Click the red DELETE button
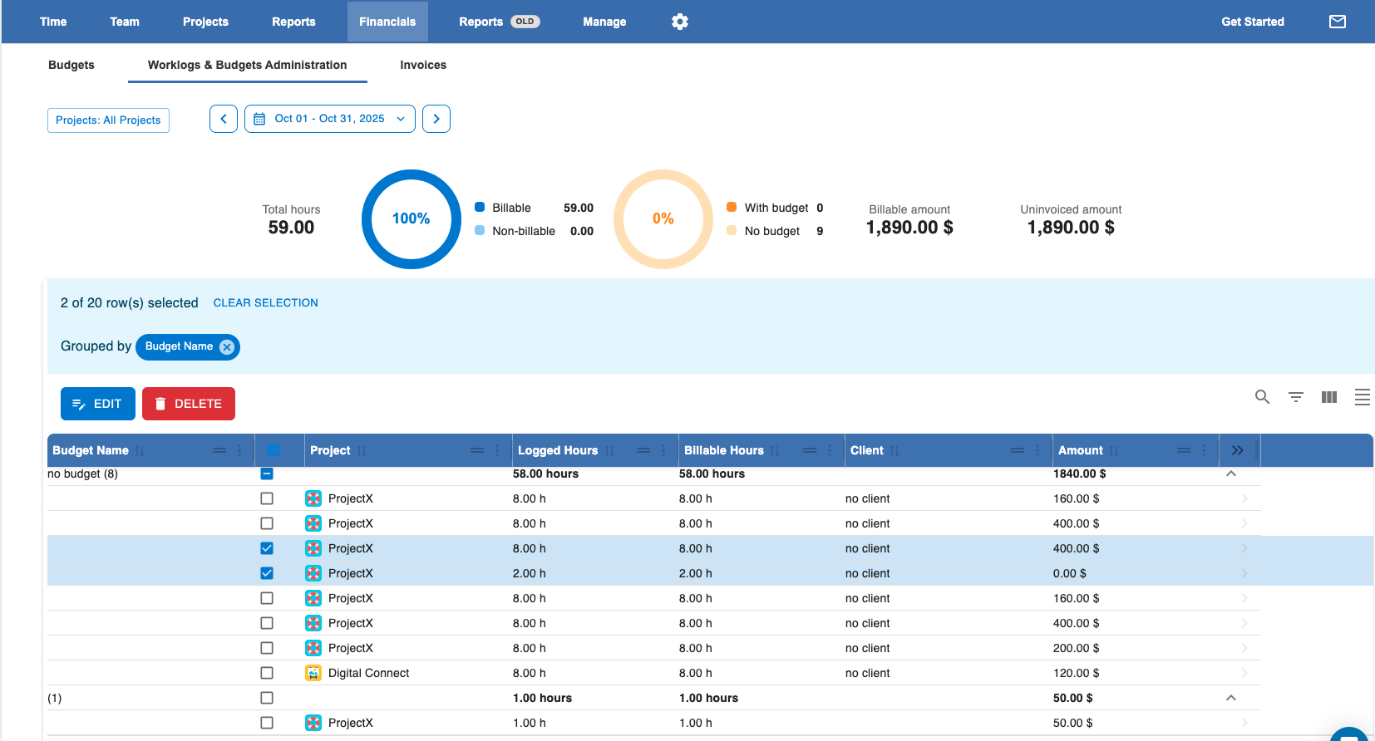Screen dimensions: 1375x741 point(189,404)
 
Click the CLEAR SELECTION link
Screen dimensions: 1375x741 point(265,303)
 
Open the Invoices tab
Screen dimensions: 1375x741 point(423,65)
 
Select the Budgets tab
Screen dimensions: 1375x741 point(71,65)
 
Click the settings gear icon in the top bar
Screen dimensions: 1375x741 point(679,22)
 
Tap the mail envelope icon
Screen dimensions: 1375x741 point(1337,22)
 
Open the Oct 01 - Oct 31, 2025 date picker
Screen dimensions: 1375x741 point(330,119)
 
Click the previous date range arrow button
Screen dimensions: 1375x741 point(224,119)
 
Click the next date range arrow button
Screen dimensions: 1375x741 point(436,119)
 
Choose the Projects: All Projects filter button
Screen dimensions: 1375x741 point(108,120)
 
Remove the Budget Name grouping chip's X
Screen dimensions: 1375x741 point(226,347)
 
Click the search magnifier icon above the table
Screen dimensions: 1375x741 point(1262,397)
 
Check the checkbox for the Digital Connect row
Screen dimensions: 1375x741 point(266,673)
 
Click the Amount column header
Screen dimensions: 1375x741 point(1081,450)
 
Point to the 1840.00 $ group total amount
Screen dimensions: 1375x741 point(1080,474)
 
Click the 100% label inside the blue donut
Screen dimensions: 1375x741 point(411,219)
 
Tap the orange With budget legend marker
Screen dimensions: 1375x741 point(731,208)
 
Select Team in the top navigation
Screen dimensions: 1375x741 point(125,22)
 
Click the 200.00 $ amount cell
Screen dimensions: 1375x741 point(1076,648)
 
